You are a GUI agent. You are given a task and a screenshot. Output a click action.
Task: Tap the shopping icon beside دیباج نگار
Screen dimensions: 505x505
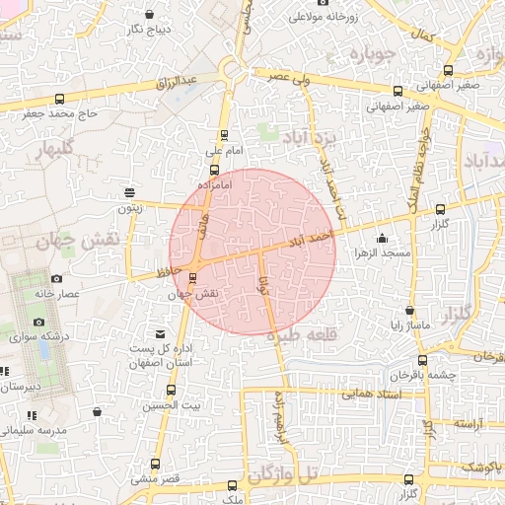149,14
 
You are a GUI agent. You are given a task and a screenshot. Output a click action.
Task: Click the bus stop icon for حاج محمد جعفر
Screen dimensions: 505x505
61,98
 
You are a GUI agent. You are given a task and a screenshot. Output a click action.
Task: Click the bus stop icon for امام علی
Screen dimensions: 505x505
224,136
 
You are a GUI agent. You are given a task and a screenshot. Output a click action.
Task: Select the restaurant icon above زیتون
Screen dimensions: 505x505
129,192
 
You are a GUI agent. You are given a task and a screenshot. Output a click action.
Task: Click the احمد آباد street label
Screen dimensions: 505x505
311,239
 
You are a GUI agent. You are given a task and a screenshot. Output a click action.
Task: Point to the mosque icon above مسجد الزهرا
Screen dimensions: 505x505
382,239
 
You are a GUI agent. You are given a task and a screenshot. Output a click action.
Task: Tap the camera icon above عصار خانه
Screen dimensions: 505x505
56,279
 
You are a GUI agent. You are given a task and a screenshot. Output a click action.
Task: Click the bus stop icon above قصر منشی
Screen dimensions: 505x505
156,464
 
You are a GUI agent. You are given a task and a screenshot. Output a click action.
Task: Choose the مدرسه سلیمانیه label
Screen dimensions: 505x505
34,430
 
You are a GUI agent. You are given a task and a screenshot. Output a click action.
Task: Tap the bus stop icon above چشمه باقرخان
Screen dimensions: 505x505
422,361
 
